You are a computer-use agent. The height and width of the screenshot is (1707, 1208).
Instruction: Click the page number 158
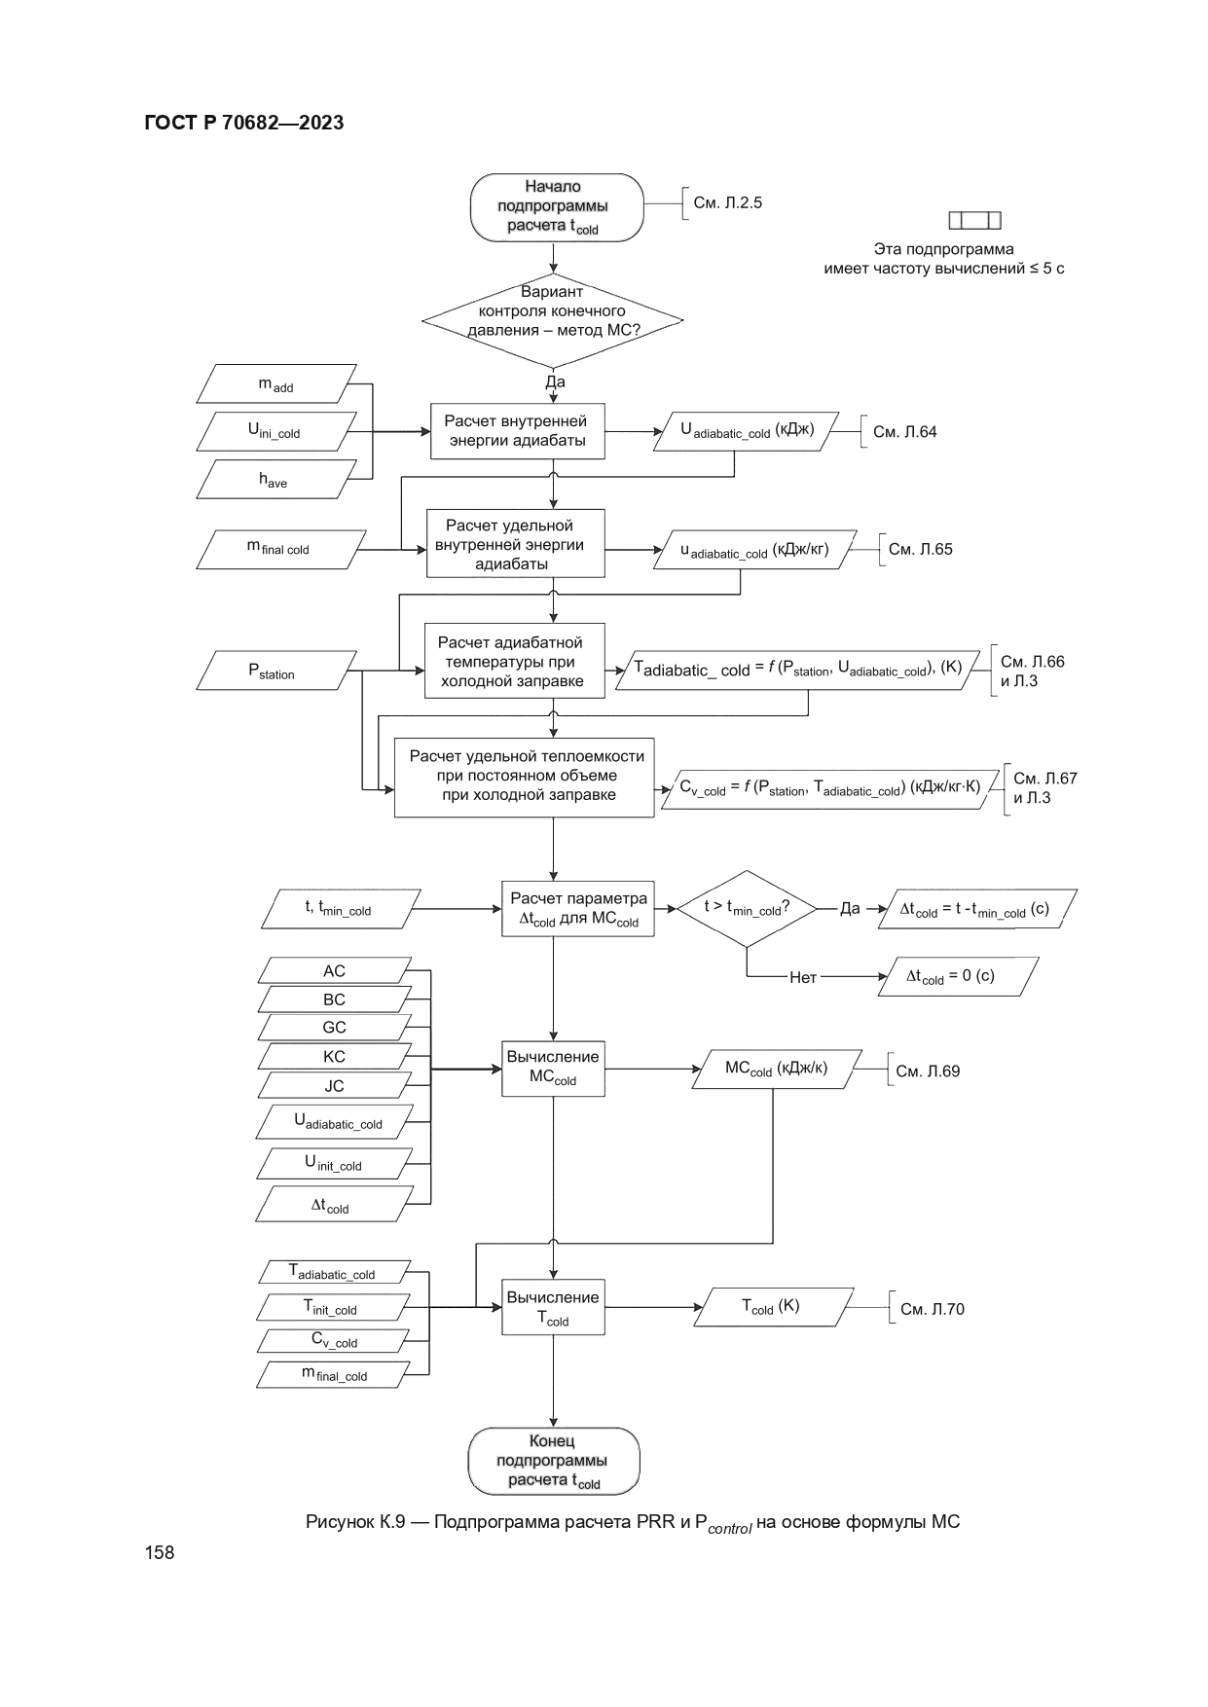160,1552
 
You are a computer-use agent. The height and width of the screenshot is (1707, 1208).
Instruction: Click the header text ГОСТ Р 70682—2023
243,123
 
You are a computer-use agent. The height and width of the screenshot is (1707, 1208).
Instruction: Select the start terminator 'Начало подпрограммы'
556,206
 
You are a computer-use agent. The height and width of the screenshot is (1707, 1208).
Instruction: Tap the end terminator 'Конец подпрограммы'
553,1460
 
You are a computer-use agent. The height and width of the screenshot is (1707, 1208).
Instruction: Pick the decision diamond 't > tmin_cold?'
746,908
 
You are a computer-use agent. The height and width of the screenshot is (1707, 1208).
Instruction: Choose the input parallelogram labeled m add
276,383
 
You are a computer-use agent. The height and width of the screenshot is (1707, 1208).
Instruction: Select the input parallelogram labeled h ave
274,479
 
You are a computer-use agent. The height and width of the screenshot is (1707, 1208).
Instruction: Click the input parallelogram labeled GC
334,1027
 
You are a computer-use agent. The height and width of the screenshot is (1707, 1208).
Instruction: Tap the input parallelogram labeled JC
334,1085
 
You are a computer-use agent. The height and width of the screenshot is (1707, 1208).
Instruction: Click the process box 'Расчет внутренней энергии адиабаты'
517,431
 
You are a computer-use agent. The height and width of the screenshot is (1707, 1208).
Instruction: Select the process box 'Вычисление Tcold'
553,1307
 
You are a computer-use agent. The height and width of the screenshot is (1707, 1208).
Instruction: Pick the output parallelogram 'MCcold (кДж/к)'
776,1069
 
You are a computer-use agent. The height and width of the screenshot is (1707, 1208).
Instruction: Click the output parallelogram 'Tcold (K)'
772,1307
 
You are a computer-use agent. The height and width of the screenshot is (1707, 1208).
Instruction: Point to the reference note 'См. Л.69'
927,1071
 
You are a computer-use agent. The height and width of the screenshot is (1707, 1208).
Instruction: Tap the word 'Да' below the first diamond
555,381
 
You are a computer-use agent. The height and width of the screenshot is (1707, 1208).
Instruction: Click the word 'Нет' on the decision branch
802,977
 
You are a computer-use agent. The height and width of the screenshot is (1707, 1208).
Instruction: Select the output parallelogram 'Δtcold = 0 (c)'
957,976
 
